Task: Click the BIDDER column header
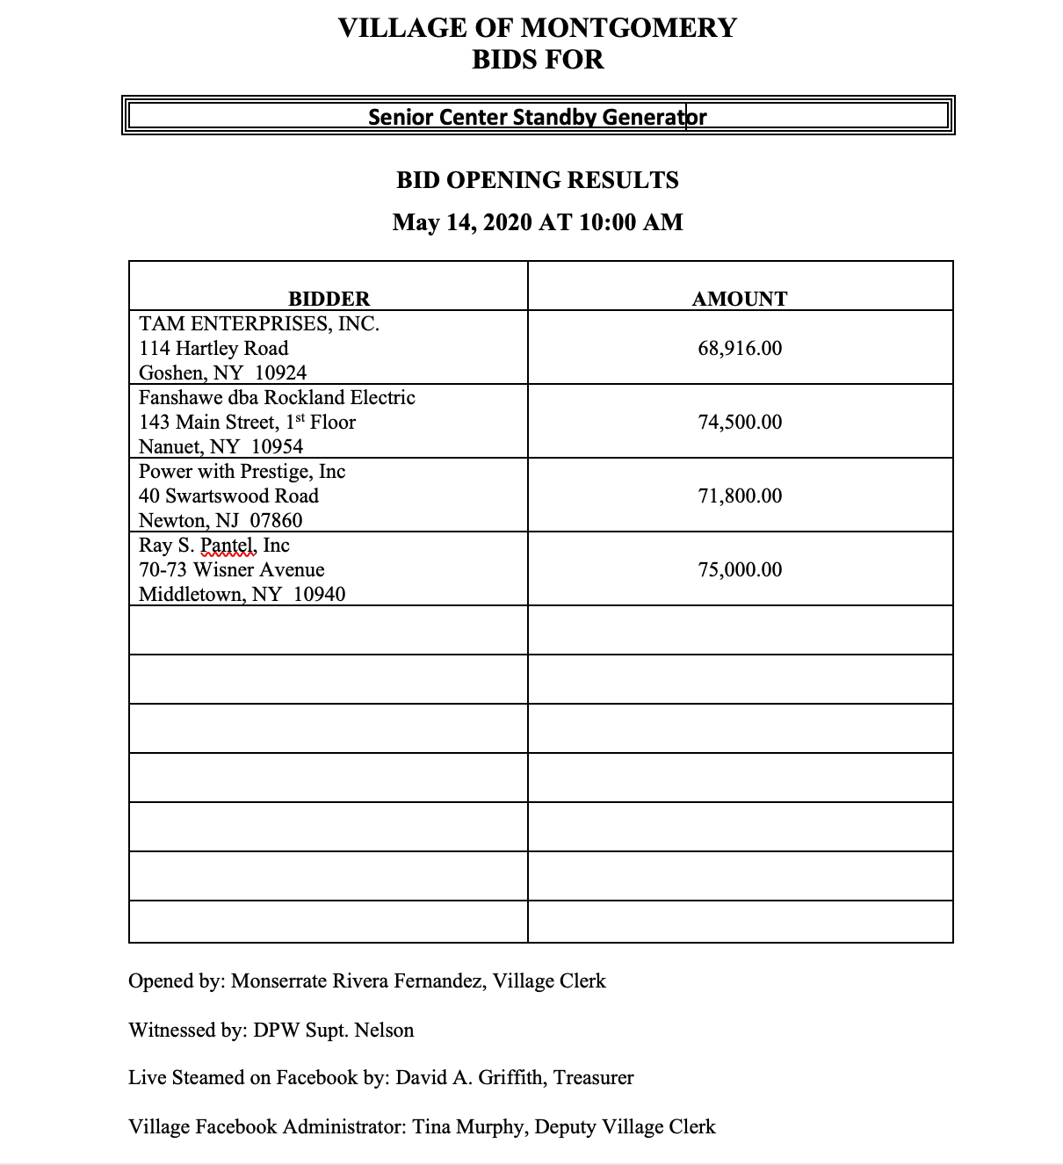[329, 299]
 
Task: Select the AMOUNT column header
[740, 299]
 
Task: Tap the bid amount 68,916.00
[740, 348]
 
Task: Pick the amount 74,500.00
[740, 422]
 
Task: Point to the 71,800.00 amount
[740, 496]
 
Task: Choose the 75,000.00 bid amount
[740, 569]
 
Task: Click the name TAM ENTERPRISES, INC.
[259, 323]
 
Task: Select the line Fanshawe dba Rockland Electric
[277, 397]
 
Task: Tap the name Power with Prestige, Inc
[242, 471]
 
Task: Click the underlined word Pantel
[228, 545]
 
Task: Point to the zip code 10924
[280, 373]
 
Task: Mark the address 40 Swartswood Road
[228, 496]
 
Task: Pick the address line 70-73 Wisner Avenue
[232, 569]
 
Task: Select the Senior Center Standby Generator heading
[537, 117]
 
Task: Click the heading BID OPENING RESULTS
[537, 180]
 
